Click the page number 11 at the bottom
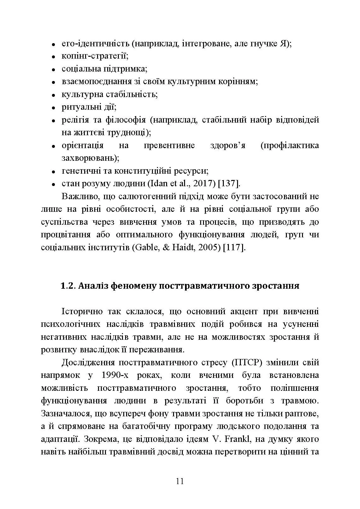pyautogui.click(x=180, y=482)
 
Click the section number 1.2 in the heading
pyautogui.click(x=67, y=286)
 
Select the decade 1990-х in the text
pyautogui.click(x=115, y=375)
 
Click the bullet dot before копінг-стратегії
pyautogui.click(x=54, y=57)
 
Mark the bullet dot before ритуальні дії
pyautogui.click(x=54, y=108)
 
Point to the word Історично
pyautogui.click(x=82, y=311)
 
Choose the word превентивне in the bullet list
pyautogui.click(x=169, y=146)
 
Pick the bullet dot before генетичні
pyautogui.click(x=54, y=171)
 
